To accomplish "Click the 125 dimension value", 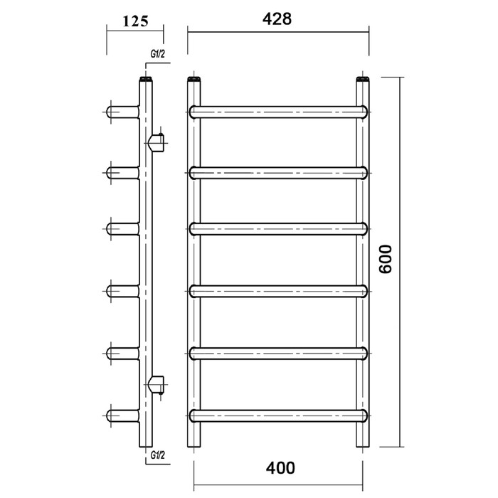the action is pyautogui.click(x=135, y=21).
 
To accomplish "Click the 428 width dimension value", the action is pyautogui.click(x=277, y=19).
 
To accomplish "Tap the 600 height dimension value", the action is pyautogui.click(x=386, y=259).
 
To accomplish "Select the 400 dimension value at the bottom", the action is pyautogui.click(x=280, y=468).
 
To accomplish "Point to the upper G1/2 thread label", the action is pyautogui.click(x=157, y=54).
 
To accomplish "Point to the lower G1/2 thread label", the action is pyautogui.click(x=157, y=455).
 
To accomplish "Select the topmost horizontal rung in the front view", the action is pyautogui.click(x=278, y=112).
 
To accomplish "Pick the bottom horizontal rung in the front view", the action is pyautogui.click(x=278, y=415).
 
